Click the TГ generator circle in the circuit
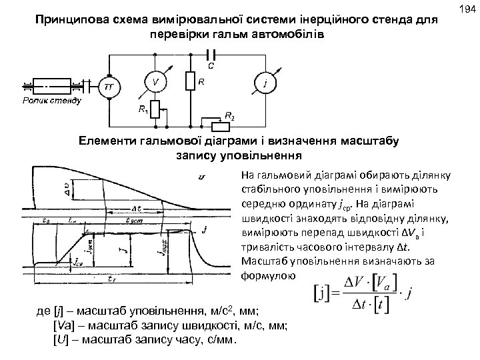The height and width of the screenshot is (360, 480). coord(108,87)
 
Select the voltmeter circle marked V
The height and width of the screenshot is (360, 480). coord(155,83)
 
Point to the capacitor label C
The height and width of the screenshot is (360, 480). coord(211,65)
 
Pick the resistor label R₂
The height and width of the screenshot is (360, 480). coord(229,117)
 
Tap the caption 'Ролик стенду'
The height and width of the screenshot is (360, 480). coord(51,101)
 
